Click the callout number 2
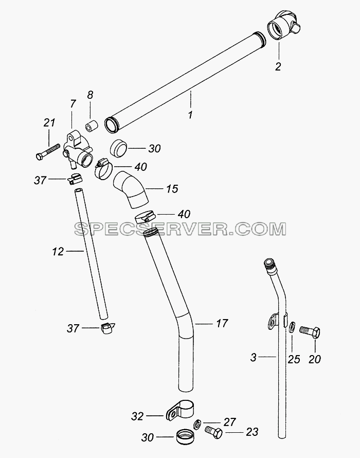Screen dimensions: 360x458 coord(278,66)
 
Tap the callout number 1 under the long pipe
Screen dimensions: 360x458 coord(190,115)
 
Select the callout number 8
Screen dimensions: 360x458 coord(90,95)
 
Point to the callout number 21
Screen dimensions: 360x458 coord(49,122)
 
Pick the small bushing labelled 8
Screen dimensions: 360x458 coord(92,126)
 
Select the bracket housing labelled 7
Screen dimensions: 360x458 coord(77,150)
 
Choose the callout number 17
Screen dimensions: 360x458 coord(222,323)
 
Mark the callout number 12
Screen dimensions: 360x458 coord(58,251)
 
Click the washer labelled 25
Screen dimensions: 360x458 coord(292,327)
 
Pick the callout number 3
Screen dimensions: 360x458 coord(253,357)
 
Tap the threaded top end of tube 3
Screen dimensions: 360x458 coord(268,263)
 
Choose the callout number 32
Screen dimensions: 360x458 coord(137,416)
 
